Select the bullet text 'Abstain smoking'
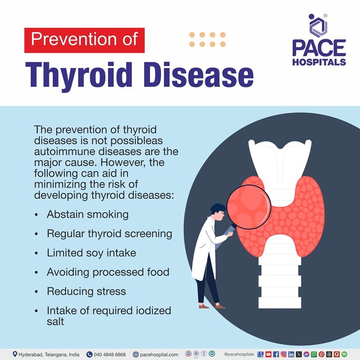click(x=87, y=214)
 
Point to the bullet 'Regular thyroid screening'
click(x=109, y=234)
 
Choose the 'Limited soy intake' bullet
click(x=91, y=253)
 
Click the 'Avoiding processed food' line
click(x=108, y=272)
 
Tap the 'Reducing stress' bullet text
click(x=86, y=291)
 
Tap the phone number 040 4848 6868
click(x=109, y=355)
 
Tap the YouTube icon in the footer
click(x=269, y=355)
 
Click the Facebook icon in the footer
click(x=276, y=355)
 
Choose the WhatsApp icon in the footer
click(x=314, y=355)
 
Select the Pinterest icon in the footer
click(x=321, y=355)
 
